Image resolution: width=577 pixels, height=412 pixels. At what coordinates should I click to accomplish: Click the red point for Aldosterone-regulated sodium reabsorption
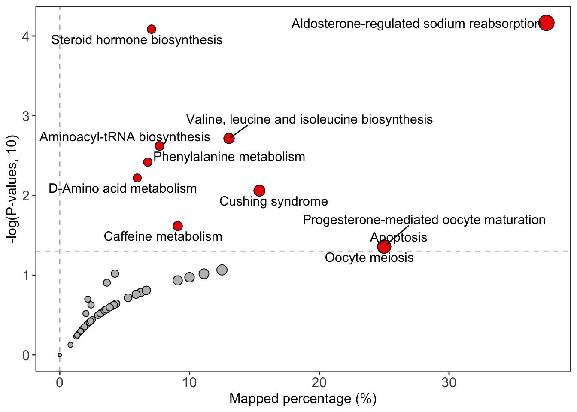(546, 23)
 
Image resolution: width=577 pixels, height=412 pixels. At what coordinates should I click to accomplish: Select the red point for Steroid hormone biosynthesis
(151, 29)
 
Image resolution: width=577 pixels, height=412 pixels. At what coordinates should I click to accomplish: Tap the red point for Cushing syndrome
(259, 191)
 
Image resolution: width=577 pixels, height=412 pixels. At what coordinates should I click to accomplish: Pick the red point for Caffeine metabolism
(178, 226)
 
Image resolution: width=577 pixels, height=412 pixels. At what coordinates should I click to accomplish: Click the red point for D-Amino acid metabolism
(137, 178)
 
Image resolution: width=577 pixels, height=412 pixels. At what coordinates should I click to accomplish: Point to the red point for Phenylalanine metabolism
(148, 162)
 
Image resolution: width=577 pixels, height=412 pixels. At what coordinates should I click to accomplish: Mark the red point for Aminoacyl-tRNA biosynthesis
(159, 146)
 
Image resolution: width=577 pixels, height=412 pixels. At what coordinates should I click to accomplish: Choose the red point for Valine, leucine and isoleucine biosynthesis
(229, 138)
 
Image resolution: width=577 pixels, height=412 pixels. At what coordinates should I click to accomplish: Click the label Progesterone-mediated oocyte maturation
(424, 220)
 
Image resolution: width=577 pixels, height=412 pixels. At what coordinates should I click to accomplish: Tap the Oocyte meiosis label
(369, 257)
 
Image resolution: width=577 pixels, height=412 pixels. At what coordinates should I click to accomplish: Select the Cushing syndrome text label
(273, 201)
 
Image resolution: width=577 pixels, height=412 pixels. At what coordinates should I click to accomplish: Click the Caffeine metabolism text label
(163, 236)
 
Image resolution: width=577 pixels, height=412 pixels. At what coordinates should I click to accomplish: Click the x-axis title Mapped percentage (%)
(303, 399)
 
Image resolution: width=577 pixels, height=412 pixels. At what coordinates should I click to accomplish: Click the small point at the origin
(60, 355)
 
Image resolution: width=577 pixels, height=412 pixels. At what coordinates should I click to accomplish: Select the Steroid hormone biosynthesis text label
(137, 40)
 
